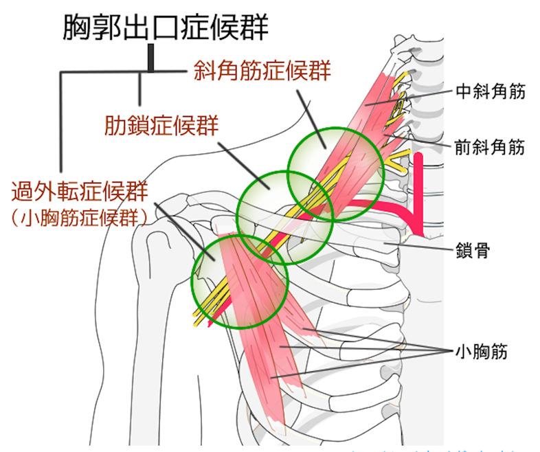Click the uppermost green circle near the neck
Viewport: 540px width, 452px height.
tap(334, 172)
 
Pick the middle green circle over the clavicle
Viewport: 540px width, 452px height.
tap(284, 216)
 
